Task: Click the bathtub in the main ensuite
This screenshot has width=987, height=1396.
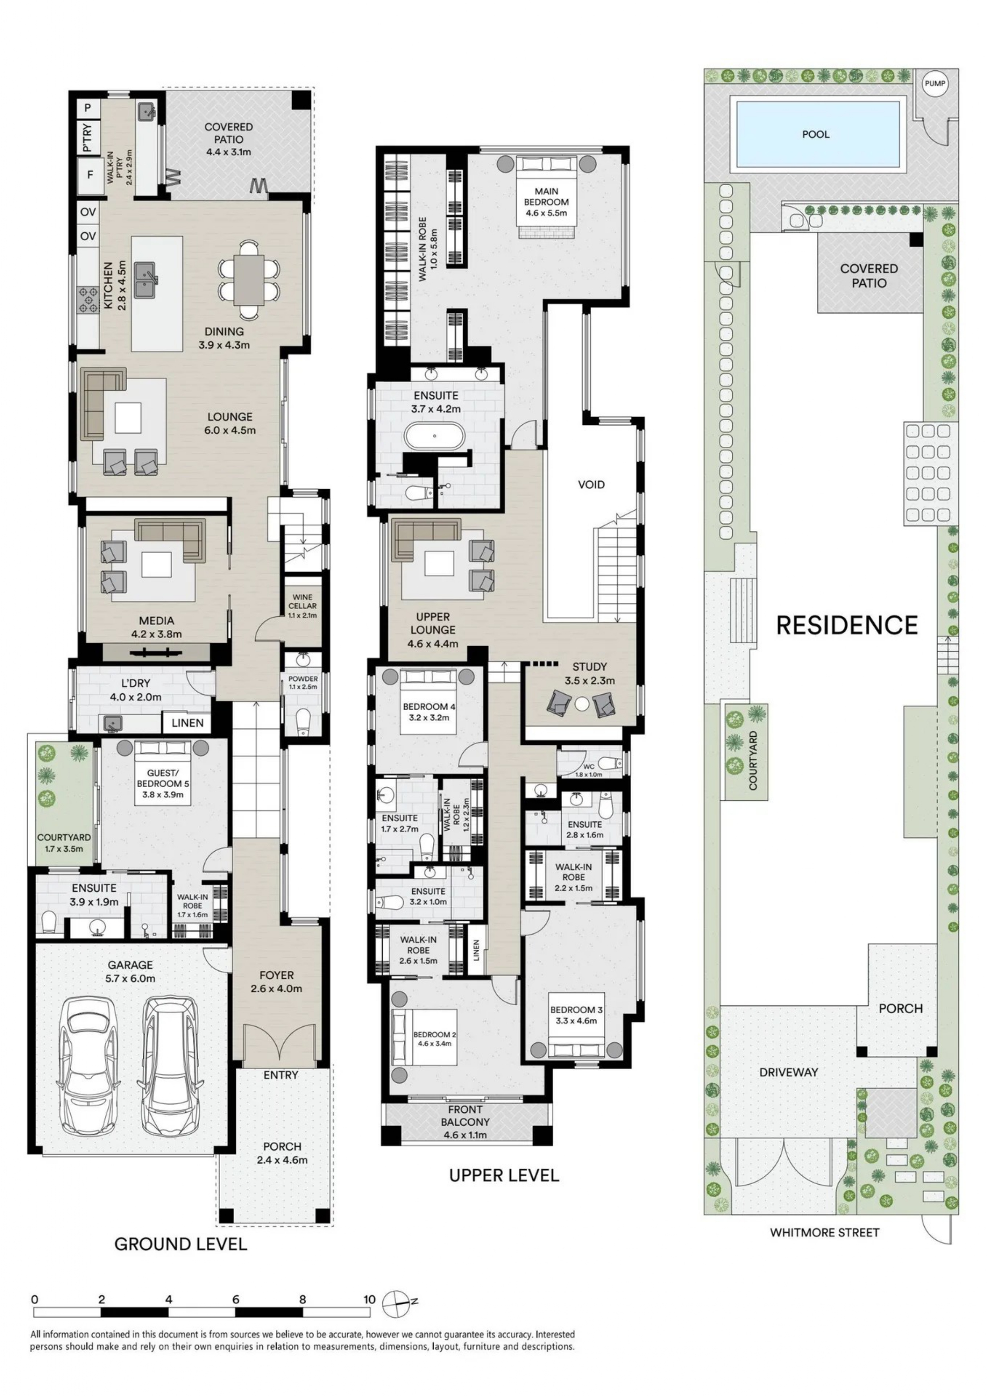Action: [435, 436]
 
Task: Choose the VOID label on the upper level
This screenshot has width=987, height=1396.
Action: [591, 484]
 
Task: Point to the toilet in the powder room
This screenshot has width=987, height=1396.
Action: [302, 722]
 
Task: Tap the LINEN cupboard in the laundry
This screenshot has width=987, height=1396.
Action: [187, 722]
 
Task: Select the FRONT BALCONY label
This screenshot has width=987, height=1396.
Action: [465, 1116]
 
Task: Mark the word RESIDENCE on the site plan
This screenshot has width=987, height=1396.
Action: [847, 625]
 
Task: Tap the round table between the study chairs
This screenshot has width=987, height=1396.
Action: [582, 704]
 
